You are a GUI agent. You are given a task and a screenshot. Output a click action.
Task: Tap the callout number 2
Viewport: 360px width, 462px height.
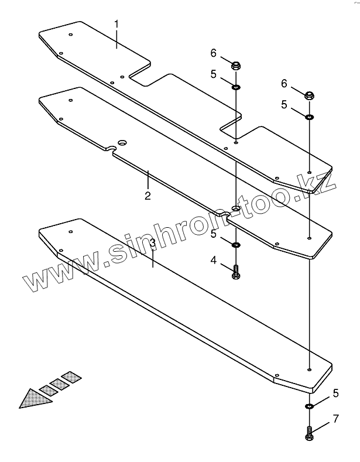click(x=148, y=196)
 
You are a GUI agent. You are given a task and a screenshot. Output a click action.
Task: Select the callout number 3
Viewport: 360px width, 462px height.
click(x=152, y=242)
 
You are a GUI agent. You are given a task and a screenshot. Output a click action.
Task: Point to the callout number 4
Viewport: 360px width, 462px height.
click(x=214, y=259)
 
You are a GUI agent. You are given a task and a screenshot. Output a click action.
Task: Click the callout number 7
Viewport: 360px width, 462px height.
click(x=335, y=419)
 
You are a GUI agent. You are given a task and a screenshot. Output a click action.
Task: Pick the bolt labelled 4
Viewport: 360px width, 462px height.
click(x=236, y=272)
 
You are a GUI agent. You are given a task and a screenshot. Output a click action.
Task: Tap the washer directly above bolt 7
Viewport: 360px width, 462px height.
click(x=308, y=406)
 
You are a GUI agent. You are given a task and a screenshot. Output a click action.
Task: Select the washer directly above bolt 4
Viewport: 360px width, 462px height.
click(x=236, y=244)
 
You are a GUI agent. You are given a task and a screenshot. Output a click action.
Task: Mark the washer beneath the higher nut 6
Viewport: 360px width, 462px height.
click(x=236, y=87)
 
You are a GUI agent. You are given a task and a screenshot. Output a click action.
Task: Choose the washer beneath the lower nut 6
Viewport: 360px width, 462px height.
click(x=308, y=117)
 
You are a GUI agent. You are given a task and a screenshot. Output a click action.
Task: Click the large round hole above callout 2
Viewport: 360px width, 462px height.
click(x=122, y=142)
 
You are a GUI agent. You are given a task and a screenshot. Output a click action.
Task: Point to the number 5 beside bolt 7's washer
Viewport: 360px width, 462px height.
click(x=335, y=393)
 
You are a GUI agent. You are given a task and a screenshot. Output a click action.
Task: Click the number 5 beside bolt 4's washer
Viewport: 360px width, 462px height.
click(x=214, y=234)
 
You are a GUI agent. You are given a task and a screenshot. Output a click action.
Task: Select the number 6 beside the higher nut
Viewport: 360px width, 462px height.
click(x=214, y=53)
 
